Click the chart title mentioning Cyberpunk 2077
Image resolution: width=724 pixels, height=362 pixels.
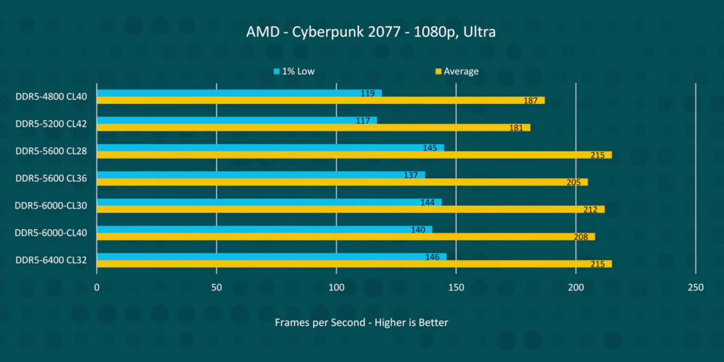pos(361,33)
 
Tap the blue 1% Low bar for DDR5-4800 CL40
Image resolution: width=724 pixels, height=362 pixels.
pos(239,93)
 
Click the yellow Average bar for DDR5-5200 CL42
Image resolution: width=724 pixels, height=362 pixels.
pos(313,128)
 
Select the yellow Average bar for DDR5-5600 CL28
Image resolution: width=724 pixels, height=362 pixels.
pos(354,155)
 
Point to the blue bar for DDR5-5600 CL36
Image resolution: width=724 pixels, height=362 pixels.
pos(261,175)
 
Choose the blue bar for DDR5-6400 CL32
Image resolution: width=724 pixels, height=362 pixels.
pos(271,257)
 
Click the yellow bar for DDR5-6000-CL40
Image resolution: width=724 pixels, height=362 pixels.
pos(346,237)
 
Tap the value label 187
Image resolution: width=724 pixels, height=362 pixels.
pos(531,100)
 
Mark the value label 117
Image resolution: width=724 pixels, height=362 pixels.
pos(363,120)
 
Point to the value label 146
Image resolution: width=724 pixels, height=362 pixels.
pos(433,257)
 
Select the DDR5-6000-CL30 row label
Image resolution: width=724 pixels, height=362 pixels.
pos(51,206)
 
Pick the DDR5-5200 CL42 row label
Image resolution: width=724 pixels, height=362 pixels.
pos(51,124)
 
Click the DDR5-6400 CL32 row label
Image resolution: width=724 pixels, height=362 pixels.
pos(51,260)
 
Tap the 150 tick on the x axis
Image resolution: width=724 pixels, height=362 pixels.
pos(456,288)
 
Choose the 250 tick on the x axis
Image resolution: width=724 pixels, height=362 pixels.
pos(696,288)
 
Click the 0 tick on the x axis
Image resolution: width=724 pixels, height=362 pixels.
pos(97,288)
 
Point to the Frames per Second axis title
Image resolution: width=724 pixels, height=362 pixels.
pos(361,322)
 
